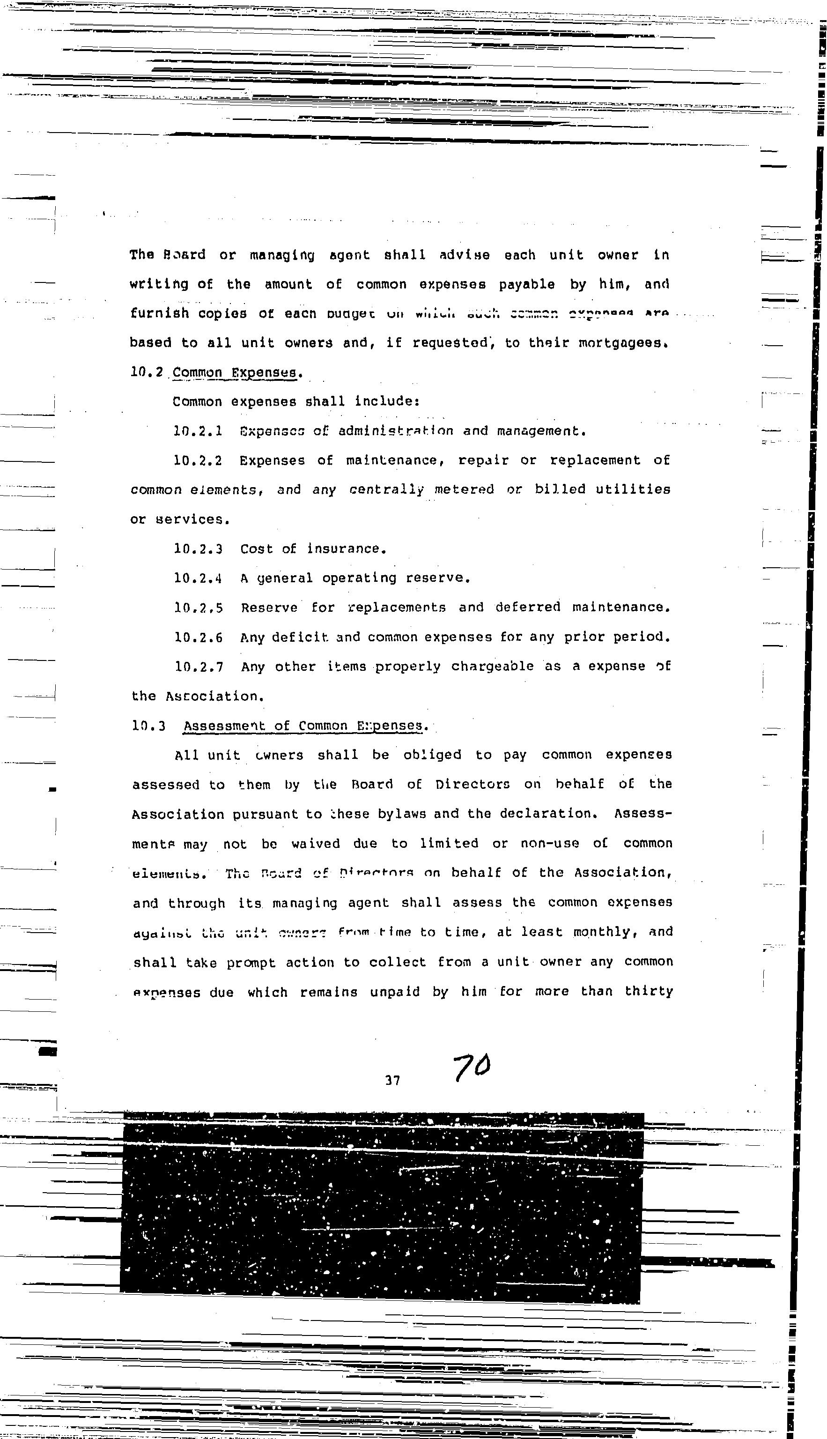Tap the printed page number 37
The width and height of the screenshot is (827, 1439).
pyautogui.click(x=392, y=1081)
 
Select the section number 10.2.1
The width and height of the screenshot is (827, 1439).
pyautogui.click(x=198, y=431)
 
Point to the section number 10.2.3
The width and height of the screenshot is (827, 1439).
pyautogui.click(x=198, y=549)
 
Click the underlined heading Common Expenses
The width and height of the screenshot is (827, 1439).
pyautogui.click(x=235, y=373)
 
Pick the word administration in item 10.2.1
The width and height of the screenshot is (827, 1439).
pyautogui.click(x=396, y=431)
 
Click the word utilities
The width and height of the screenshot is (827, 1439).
pyautogui.click(x=633, y=490)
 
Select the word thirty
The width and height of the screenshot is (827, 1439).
pyautogui.click(x=649, y=991)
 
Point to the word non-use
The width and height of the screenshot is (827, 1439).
pyautogui.click(x=549, y=844)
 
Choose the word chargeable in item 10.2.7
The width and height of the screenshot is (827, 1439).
pyautogui.click(x=493, y=667)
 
